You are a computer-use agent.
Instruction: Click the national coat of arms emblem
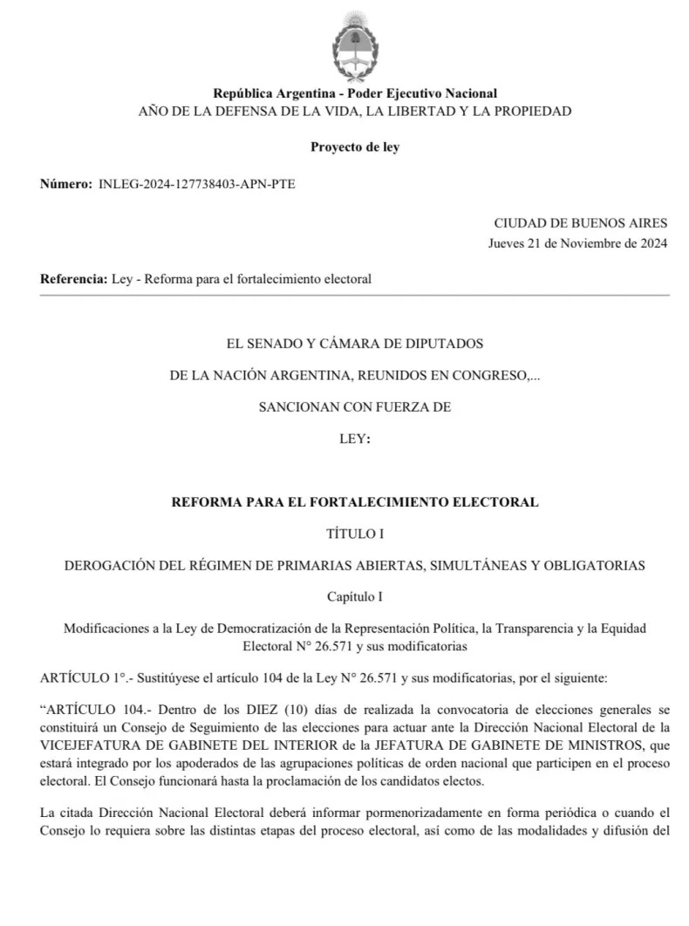pos(354,45)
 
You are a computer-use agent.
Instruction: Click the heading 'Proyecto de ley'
pos(355,147)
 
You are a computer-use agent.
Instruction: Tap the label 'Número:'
pos(65,184)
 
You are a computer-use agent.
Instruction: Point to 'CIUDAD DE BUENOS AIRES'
pos(581,224)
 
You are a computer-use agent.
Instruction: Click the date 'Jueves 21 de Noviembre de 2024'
pos(577,243)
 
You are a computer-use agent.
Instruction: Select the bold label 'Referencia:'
pos(74,280)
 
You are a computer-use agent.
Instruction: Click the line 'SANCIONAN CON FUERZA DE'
pos(355,406)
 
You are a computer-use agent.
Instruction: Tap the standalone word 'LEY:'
pos(355,439)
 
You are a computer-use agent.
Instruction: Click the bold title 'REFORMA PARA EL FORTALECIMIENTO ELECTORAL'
pos(355,502)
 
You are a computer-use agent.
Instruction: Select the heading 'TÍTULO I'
pos(355,534)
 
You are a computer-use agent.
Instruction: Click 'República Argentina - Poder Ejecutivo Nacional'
pos(355,94)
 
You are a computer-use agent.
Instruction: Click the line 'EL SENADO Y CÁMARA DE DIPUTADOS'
pos(355,344)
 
